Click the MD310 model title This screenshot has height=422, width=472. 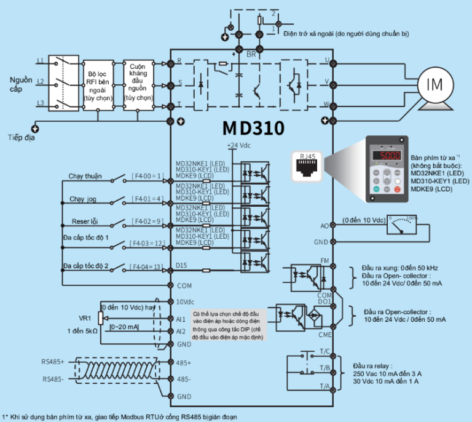[x=253, y=129]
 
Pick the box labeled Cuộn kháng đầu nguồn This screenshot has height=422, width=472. [x=138, y=84]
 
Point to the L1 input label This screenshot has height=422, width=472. [x=40, y=61]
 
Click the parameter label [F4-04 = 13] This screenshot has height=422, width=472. [x=147, y=266]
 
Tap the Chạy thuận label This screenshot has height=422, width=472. [x=85, y=177]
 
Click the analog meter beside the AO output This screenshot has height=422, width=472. [x=403, y=226]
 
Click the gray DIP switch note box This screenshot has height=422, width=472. [x=227, y=325]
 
